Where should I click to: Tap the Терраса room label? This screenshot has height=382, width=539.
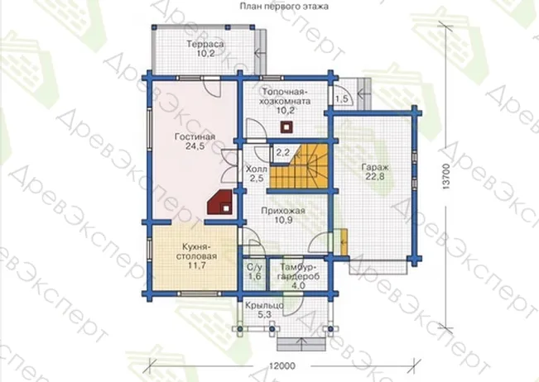[x=205, y=45]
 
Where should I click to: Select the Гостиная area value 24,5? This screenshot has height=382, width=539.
[x=195, y=146]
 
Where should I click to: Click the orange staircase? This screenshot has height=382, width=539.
[x=298, y=166]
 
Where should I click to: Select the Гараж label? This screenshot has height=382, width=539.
[x=375, y=168]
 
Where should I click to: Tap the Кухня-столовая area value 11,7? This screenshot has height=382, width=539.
[x=196, y=265]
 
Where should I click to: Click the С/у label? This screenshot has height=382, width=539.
[x=255, y=267]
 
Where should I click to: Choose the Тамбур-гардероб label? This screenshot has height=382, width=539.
[x=298, y=271]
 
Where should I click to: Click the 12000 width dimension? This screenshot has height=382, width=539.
[x=282, y=365]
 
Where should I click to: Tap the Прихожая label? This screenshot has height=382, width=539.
[x=283, y=211]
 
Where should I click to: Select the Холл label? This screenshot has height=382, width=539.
[x=256, y=170]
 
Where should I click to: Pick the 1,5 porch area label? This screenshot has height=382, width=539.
[x=342, y=99]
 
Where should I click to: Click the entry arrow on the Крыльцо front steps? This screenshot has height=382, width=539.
[x=301, y=344]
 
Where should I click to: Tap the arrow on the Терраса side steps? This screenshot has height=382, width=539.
[x=260, y=53]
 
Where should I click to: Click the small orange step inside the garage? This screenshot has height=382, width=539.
[x=344, y=242]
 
